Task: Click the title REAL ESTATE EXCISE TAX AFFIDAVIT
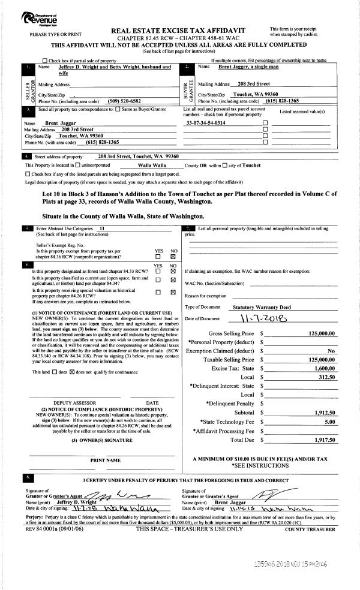(x=179, y=29)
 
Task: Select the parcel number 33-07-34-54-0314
(x=206, y=122)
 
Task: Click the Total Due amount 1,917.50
(x=324, y=440)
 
